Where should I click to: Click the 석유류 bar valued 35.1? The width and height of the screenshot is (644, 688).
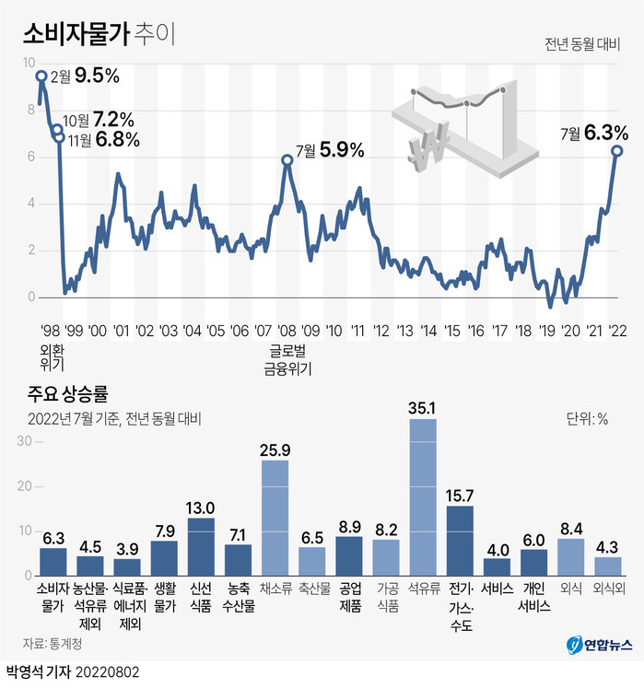pyautogui.click(x=423, y=496)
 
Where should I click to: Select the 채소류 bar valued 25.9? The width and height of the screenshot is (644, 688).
pyautogui.click(x=275, y=517)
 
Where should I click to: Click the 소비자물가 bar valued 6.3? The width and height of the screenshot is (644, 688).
pyautogui.click(x=53, y=561)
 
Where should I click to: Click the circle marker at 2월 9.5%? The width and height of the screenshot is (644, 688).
pyautogui.click(x=41, y=76)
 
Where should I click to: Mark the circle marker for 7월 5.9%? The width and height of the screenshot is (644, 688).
pyautogui.click(x=287, y=159)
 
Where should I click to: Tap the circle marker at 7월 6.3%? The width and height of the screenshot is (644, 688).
pyautogui.click(x=616, y=150)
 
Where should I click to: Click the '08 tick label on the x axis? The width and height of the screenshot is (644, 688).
pyautogui.click(x=287, y=331)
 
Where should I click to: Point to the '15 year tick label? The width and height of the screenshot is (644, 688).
pyautogui.click(x=451, y=331)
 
